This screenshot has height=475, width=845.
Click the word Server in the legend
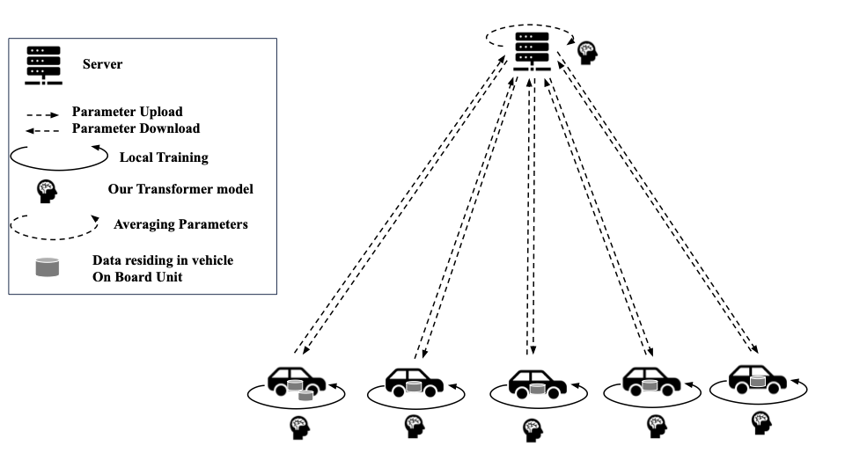coord(102,64)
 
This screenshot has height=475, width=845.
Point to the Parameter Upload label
coord(127,112)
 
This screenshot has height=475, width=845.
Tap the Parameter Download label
coord(136,128)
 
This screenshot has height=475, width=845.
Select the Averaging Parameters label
coord(180,224)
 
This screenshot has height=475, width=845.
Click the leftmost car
coord(296,381)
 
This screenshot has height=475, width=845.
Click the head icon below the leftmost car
coord(299,427)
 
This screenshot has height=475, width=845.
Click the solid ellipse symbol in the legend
coord(52,159)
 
